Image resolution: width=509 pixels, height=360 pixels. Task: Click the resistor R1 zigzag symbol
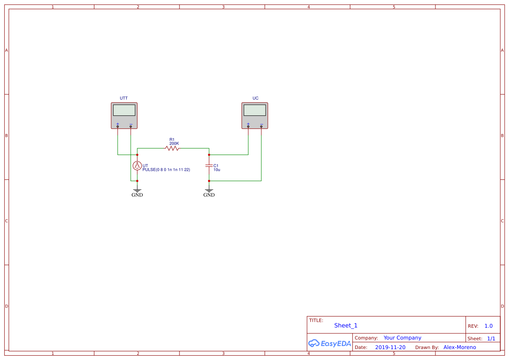click(x=172, y=148)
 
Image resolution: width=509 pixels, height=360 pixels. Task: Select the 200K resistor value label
click(x=174, y=144)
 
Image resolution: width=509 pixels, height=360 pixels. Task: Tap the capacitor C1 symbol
click(x=209, y=166)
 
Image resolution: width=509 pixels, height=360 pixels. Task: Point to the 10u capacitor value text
click(x=217, y=169)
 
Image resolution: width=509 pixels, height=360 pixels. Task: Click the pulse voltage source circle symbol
click(x=137, y=165)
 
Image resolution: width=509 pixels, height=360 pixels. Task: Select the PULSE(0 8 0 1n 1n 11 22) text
click(x=166, y=170)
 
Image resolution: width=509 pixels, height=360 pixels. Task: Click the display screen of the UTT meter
click(x=124, y=110)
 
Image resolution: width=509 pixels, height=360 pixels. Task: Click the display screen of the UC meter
click(x=255, y=110)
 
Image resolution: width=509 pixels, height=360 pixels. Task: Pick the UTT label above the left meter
click(x=124, y=98)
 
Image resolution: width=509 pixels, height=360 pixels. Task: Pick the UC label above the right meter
click(x=255, y=98)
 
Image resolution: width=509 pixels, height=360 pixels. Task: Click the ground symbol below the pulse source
click(x=137, y=190)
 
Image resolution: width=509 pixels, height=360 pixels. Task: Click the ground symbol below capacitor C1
click(x=209, y=190)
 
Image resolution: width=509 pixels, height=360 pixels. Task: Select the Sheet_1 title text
click(x=346, y=326)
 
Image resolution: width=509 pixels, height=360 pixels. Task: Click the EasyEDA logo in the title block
click(x=330, y=343)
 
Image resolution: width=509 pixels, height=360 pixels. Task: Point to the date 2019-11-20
click(x=390, y=347)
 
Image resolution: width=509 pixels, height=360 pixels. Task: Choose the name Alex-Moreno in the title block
click(x=459, y=347)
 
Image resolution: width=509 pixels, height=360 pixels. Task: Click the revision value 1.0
click(x=489, y=326)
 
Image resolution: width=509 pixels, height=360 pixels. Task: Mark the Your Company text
click(x=402, y=338)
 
